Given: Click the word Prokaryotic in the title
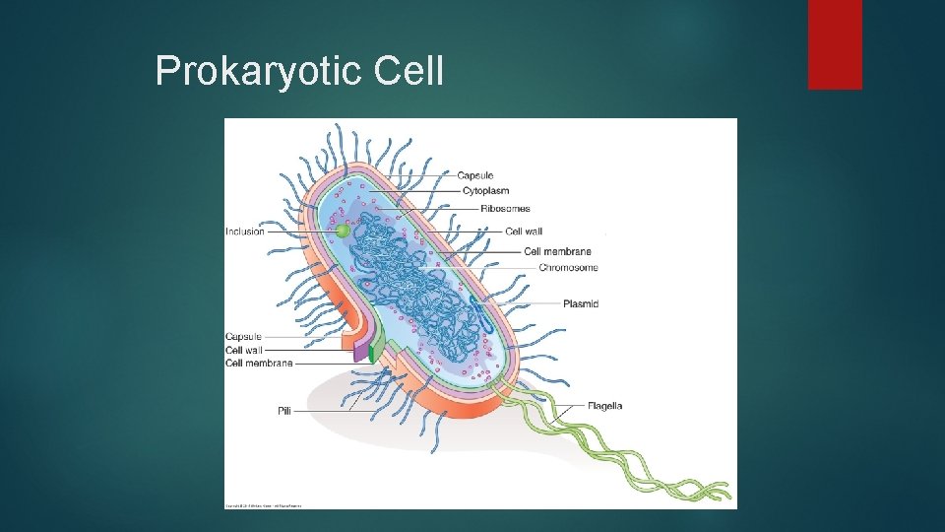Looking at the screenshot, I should coord(259,71).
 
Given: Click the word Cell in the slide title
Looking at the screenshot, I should coord(408,71).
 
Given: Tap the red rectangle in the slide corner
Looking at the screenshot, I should coord(835,44).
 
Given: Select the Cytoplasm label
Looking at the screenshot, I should coord(485,191).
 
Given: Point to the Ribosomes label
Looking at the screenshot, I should coord(505,209).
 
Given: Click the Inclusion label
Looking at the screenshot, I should coord(245,232).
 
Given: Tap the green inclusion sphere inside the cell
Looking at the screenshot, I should coord(342,231).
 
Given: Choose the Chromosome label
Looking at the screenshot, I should coord(568,268).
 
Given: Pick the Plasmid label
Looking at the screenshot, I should coord(581,304).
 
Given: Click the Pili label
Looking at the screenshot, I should coord(284,411).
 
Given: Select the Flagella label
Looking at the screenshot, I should coord(604,406).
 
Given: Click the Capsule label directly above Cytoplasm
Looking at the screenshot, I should coord(474,175).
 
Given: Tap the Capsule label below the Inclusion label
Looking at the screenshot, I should coord(243,337).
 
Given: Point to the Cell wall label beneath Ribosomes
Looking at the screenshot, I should coord(524,232).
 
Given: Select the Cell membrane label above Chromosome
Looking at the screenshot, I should coord(557,251).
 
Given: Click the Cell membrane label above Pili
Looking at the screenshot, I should coord(259,364).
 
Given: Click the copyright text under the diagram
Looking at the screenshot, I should coord(264,506).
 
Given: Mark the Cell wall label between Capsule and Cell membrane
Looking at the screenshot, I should coord(244,350).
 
